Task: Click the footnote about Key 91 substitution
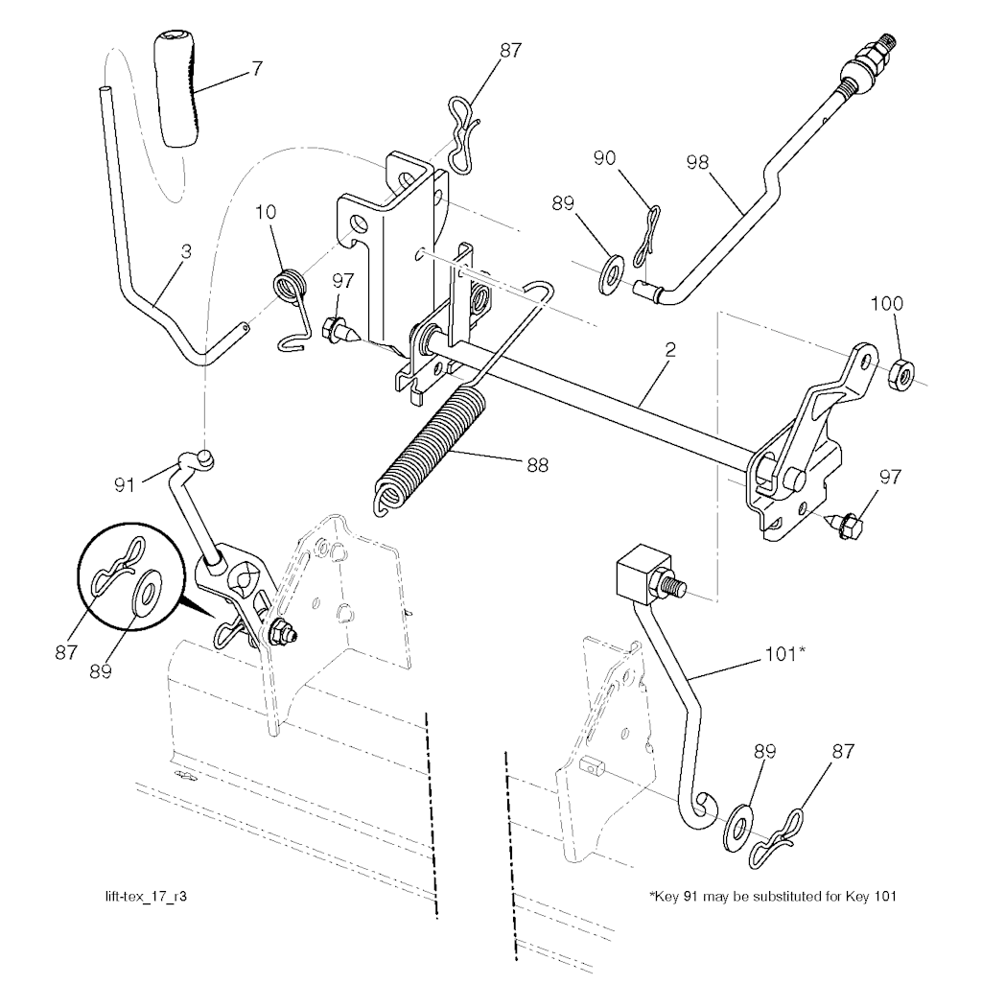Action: [773, 896]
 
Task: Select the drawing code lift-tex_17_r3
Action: [146, 896]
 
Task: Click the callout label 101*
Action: [784, 654]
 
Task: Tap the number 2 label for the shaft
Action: [670, 350]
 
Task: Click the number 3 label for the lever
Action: [186, 251]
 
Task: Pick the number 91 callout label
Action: [125, 484]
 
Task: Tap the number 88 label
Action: [537, 465]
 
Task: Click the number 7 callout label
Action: [257, 68]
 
